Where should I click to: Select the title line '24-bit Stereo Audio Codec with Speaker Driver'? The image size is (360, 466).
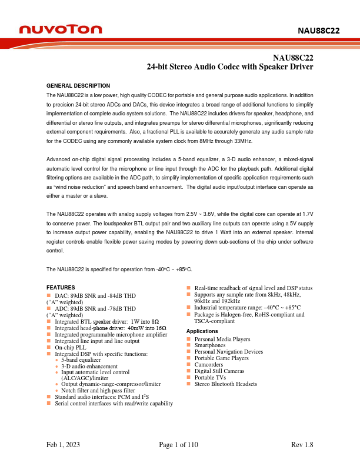click(229, 67)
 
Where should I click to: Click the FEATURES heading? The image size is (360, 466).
click(61, 287)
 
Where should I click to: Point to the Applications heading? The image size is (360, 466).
click(202, 331)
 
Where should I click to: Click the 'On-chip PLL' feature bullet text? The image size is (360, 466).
click(71, 347)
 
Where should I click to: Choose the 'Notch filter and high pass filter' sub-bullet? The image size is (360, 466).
click(98, 390)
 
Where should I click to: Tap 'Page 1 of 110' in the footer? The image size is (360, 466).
click(179, 445)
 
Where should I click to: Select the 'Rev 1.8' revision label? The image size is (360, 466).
click(302, 445)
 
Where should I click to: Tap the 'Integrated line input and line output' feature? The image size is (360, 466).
click(97, 341)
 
